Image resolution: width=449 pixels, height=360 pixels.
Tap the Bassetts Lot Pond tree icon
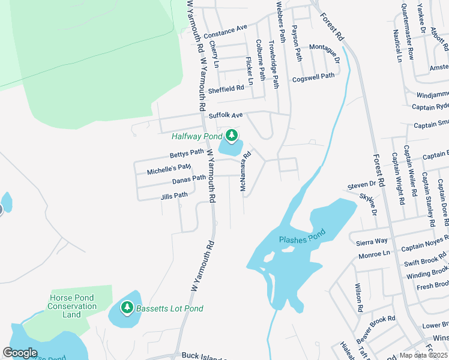pyautogui.click(x=127, y=308)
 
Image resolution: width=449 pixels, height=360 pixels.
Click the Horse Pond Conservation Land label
pyautogui.click(x=72, y=306)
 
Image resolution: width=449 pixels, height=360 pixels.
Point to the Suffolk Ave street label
pyautogui.click(x=226, y=115)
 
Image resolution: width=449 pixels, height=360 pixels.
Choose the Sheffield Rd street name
pyautogui.click(x=226, y=89)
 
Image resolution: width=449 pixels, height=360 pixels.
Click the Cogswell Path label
pyautogui.click(x=313, y=77)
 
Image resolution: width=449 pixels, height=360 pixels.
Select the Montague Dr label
pyautogui.click(x=325, y=50)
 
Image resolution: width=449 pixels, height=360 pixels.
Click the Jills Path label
pyautogui.click(x=174, y=196)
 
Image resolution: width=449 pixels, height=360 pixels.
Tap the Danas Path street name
pyautogui.click(x=189, y=179)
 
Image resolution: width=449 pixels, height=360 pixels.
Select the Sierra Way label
pyautogui.click(x=372, y=242)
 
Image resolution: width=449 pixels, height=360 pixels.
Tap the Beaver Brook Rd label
pyautogui.click(x=375, y=326)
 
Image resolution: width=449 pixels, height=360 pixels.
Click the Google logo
pyautogui.click(x=20, y=353)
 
